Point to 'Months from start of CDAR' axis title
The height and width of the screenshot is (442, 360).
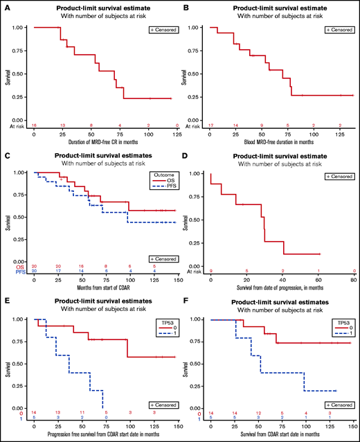(x=102, y=277)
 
